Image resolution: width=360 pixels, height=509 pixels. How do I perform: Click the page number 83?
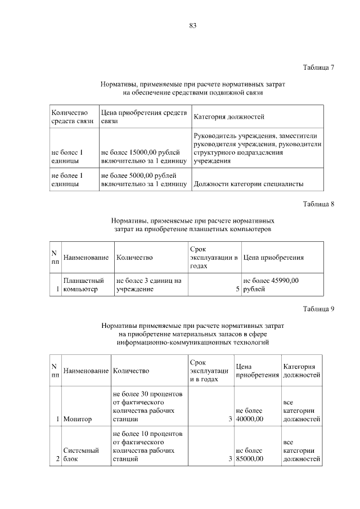193,25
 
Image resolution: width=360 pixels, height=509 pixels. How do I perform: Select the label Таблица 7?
318,67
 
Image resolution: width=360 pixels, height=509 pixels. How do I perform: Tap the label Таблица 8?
318,204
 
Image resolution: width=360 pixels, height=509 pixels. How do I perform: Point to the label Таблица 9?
318,308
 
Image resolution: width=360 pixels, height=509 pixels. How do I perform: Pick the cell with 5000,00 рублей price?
143,179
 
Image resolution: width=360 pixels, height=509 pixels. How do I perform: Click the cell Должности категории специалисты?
248,183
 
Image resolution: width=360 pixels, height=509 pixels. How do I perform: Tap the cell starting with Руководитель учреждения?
257,148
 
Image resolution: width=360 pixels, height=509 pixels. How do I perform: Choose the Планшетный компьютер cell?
84,285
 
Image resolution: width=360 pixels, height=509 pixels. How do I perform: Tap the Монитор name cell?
78,419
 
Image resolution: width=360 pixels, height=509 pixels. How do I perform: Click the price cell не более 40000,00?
249,415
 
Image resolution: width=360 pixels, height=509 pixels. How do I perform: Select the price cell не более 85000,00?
249,454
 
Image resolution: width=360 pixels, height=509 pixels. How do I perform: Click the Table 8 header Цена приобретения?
273,258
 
